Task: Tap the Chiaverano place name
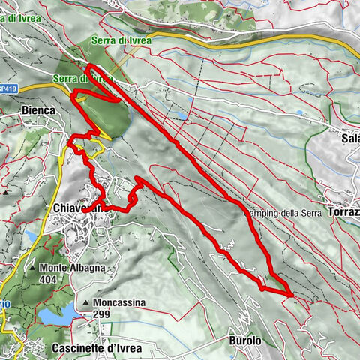click(78, 208)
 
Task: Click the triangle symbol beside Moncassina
click(88, 302)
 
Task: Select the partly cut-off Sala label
click(349, 139)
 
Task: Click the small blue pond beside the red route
click(180, 116)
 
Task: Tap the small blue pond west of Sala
click(300, 113)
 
